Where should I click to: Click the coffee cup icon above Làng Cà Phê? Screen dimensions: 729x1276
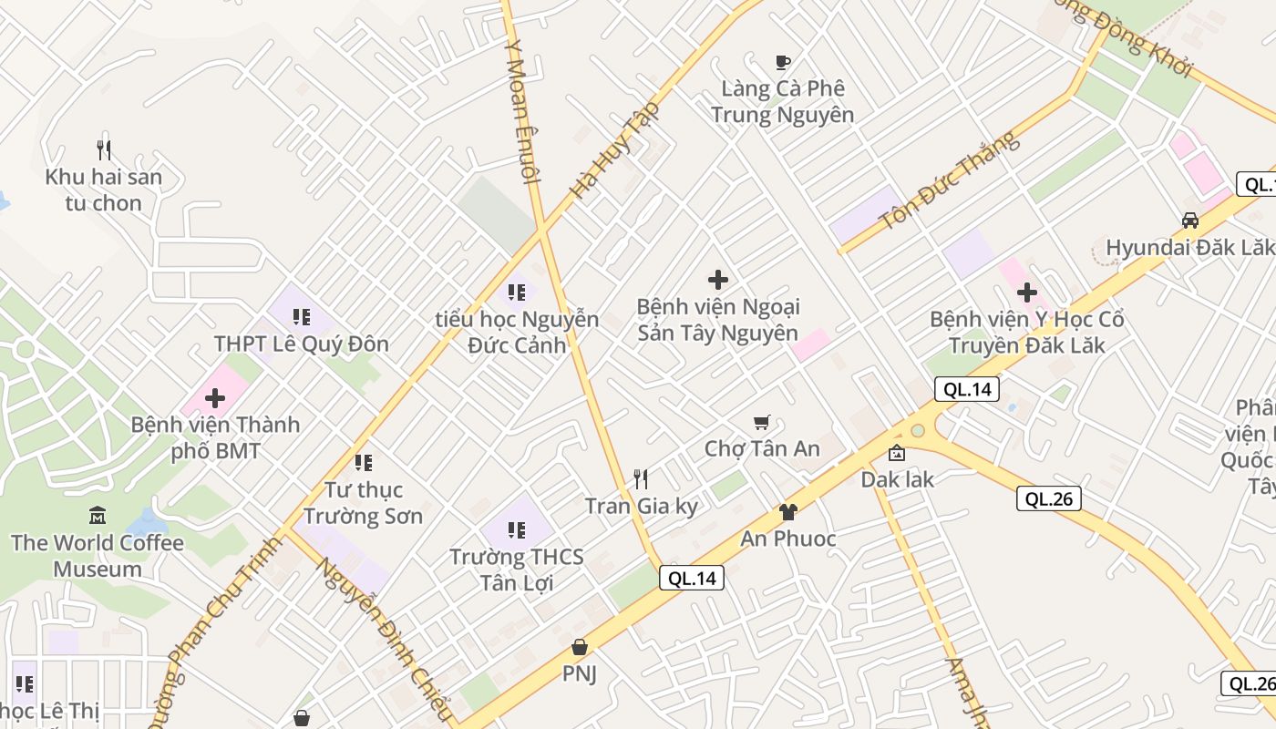coord(782,62)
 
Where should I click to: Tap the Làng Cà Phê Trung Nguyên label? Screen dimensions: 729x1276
coord(782,101)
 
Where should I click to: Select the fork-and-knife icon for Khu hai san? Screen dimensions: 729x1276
coord(104,149)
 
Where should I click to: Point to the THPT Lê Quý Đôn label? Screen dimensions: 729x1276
coord(301,344)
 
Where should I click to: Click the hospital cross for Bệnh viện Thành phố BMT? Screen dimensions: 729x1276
coord(215,398)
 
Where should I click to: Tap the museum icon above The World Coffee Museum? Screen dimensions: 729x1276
coord(98,516)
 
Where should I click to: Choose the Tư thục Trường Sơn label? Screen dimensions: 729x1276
coord(363,503)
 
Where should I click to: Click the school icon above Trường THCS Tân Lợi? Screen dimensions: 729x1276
coord(517,529)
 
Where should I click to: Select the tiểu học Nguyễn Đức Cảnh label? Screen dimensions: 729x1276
coord(517,333)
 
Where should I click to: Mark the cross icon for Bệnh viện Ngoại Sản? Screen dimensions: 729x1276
coord(718,280)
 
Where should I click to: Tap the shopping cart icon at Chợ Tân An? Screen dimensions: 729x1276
coord(762,422)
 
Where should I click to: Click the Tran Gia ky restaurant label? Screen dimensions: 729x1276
coord(641,506)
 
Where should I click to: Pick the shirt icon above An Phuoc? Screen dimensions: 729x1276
coord(787,512)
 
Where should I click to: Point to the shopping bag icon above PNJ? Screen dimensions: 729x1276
coord(579,647)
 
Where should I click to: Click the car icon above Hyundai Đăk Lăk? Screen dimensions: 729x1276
coord(1190,220)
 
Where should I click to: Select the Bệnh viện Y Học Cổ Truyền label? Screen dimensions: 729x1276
coord(1026,333)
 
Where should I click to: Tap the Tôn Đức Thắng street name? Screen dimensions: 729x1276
coord(948,180)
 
